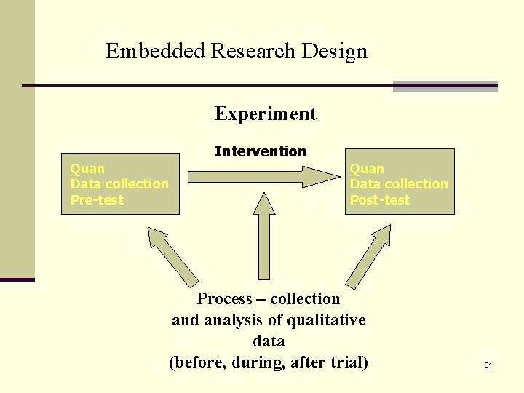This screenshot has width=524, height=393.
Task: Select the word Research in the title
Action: (253, 52)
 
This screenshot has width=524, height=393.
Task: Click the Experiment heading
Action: (266, 114)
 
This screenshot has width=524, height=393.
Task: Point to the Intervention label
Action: (261, 151)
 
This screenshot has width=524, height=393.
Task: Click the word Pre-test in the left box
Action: (97, 200)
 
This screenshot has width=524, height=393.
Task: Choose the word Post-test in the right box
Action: (380, 200)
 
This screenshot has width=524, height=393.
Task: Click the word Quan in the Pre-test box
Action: (87, 169)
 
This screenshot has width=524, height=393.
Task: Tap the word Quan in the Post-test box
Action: (367, 169)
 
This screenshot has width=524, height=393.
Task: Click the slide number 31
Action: (488, 365)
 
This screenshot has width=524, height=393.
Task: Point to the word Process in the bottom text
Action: (225, 299)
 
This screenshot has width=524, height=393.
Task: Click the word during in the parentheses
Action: (255, 362)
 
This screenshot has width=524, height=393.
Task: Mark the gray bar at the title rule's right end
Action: (445, 87)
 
